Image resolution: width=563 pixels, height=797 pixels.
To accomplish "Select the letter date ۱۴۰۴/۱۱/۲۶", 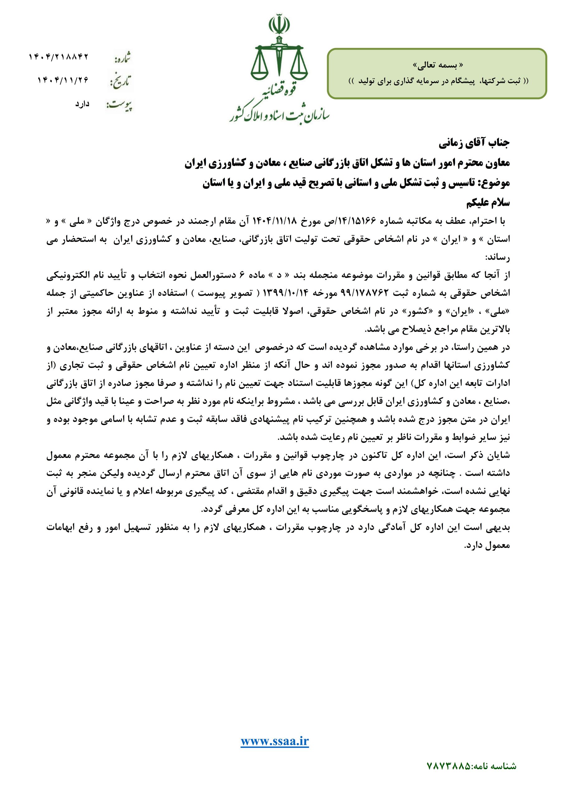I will [63, 80].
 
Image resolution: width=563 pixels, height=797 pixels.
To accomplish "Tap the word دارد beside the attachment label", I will [82, 103].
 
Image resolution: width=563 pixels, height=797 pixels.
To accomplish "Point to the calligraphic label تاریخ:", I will [120, 82].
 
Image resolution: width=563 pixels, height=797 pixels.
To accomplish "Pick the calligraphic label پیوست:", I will [120, 105].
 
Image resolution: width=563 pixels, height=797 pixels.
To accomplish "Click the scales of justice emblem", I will [279, 52].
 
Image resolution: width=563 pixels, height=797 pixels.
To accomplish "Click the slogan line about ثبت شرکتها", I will [438, 81].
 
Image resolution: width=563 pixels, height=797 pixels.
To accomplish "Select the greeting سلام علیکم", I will [488, 203].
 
